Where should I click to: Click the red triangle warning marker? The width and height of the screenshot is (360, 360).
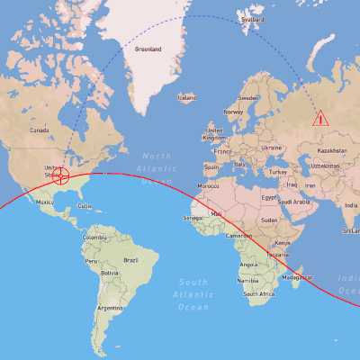pos(319,118)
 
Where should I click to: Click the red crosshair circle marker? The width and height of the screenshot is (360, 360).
pos(61,175)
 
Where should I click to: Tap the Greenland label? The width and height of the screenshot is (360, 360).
pos(148,49)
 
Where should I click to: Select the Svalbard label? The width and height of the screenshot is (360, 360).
pos(253,19)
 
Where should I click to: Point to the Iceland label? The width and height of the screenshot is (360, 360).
pos(186,97)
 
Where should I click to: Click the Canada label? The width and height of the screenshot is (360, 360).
pos(39,130)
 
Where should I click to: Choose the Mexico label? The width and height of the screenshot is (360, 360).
pos(45,202)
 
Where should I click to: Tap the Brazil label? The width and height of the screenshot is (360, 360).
pos(130,260)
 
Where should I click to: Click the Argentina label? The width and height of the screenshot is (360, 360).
pos(111,308)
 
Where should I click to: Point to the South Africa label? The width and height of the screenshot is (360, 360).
pos(259,293)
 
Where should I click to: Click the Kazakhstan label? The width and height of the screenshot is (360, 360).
pos(331,150)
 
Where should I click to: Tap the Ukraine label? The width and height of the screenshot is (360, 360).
pos(271,147)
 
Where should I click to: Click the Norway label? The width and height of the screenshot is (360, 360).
pos(233,112)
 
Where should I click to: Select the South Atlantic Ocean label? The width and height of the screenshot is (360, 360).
pos(193,294)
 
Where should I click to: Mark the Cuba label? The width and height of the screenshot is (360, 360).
pos(84,206)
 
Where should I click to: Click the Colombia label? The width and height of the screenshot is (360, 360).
pos(94,237)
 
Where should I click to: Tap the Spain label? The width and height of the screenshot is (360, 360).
pos(211,166)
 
